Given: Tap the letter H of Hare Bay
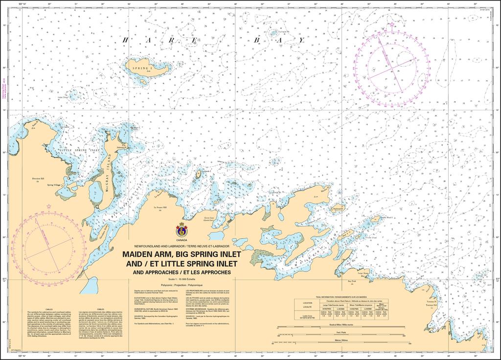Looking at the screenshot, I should tap(125, 40).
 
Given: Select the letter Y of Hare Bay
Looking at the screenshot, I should tap(302, 40).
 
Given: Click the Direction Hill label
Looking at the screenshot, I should tap(38, 179).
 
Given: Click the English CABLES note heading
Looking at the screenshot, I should tap(49, 309).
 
